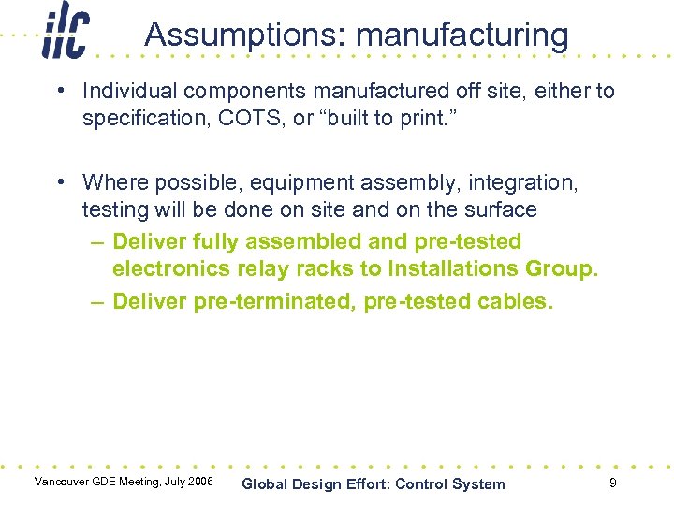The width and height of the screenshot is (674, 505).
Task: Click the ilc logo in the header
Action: [66, 33]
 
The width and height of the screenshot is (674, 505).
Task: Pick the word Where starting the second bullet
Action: [111, 182]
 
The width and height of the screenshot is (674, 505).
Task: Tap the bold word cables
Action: [519, 301]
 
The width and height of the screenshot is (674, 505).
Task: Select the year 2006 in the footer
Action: [199, 483]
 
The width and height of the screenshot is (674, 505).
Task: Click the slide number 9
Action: [612, 483]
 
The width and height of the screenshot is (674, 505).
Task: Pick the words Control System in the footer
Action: [450, 484]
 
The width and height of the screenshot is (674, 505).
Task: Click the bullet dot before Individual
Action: [60, 92]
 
